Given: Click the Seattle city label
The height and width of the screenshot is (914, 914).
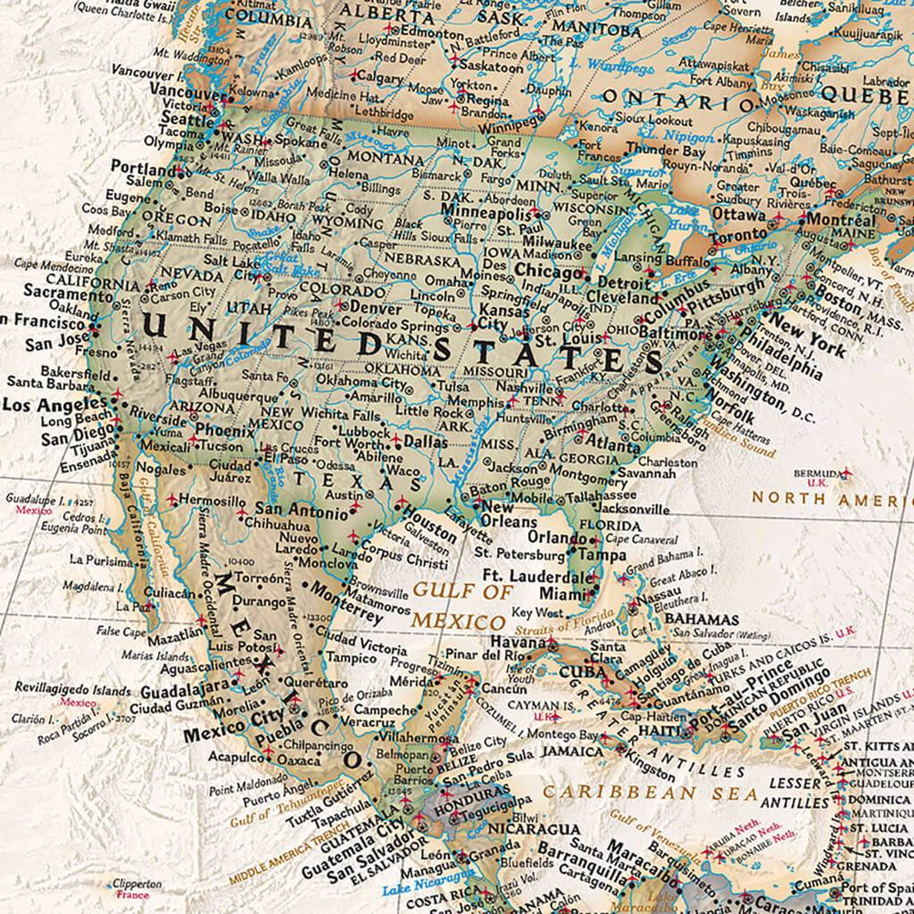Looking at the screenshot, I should click(x=186, y=119).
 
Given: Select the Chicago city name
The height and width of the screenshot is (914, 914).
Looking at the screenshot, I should click(x=547, y=271).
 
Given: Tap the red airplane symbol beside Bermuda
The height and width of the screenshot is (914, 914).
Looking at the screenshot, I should click(x=845, y=473).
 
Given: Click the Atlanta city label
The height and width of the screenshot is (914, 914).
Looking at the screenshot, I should click(x=613, y=447).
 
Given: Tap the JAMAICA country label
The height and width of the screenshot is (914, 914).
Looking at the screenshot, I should click(x=572, y=750).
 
